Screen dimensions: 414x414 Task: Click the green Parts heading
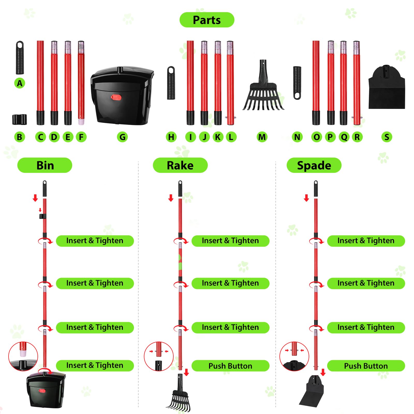point(207,20)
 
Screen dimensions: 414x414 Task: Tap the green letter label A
point(20,83)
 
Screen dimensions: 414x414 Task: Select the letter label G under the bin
point(122,137)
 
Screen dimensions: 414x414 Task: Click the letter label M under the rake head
point(262,137)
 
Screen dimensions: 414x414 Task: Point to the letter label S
point(387,137)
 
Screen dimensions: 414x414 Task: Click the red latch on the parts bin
point(116,97)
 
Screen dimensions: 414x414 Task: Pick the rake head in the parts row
point(263,91)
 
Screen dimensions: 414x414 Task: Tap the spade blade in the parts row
point(387,88)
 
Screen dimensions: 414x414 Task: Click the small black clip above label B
point(19,119)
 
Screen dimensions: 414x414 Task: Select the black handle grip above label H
point(171,83)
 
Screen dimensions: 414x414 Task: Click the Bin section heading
point(45,165)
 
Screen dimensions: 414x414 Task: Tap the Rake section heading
point(180,165)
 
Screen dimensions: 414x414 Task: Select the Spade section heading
point(314,165)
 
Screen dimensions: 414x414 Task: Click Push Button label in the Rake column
point(230,366)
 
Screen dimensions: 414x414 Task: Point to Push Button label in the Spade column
point(366,366)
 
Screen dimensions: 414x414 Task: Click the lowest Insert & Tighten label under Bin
point(95,365)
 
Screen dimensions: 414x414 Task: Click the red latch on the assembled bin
point(42,391)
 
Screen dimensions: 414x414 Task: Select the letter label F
point(81,137)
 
